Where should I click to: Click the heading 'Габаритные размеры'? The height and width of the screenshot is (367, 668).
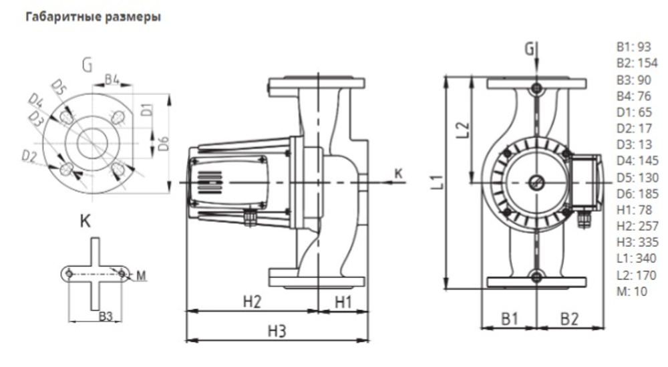93,17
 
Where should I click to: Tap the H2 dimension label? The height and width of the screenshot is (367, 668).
251,302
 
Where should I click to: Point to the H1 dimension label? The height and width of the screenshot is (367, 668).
343,302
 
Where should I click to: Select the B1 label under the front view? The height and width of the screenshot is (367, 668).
510,319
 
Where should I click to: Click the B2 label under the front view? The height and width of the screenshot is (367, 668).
569,319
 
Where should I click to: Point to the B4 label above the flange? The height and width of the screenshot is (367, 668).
112,81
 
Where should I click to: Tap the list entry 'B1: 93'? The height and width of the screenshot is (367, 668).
631,48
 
